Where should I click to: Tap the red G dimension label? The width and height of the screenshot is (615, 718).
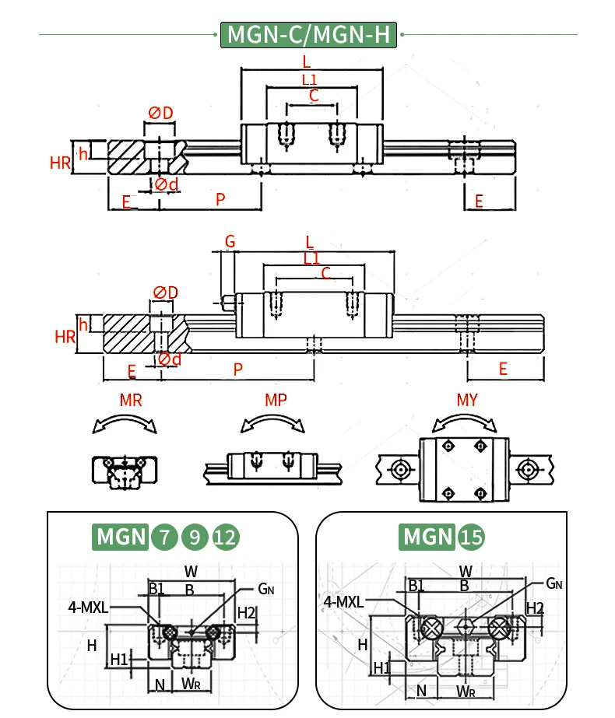(x=230, y=241)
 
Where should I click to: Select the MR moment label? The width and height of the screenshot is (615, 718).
(x=131, y=401)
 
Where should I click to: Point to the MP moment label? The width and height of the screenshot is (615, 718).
(x=276, y=401)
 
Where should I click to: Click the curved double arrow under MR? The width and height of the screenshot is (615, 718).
(x=125, y=423)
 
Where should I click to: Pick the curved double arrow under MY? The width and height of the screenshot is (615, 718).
(x=465, y=422)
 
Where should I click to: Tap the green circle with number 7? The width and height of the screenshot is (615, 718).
(x=164, y=536)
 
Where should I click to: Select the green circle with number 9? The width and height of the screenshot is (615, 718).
(x=195, y=536)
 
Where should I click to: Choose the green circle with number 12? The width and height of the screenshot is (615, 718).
(x=226, y=536)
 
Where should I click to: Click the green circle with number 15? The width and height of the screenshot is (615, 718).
(x=470, y=536)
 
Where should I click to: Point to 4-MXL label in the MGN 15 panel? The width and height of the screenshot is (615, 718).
(x=343, y=601)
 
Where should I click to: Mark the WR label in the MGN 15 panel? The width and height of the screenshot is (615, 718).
(x=466, y=691)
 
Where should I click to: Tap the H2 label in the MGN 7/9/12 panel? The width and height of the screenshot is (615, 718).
(x=246, y=613)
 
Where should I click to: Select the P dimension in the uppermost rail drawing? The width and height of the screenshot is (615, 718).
(x=220, y=199)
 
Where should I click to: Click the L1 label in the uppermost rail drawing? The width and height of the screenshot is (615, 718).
(x=309, y=79)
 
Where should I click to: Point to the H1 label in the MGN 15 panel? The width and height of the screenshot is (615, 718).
(x=381, y=668)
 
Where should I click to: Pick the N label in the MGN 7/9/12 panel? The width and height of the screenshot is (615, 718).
(x=160, y=685)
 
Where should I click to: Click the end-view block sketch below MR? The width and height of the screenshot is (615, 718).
(x=125, y=471)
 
